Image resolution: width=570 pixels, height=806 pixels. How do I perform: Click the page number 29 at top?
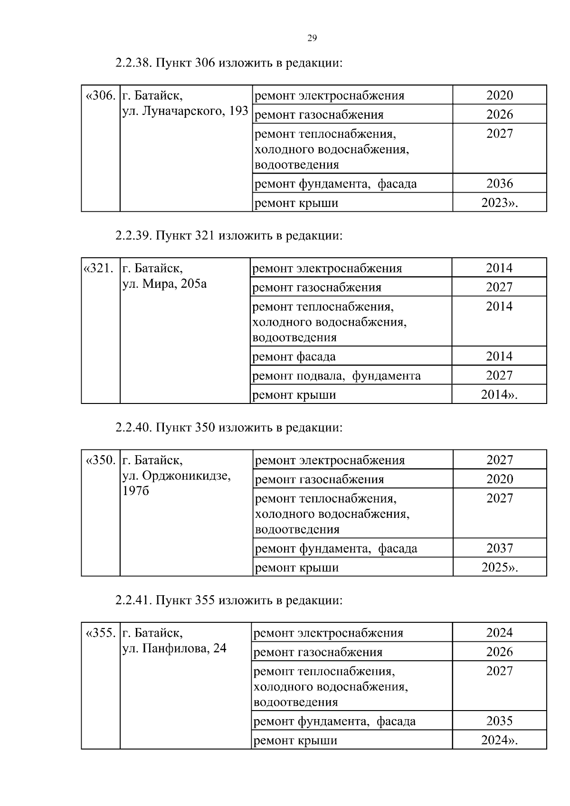click(x=312, y=38)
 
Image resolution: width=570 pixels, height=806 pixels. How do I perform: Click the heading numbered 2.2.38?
click(x=228, y=63)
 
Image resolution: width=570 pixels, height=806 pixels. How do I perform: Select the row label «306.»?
click(x=100, y=96)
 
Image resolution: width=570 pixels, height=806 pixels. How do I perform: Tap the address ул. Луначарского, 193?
click(x=185, y=111)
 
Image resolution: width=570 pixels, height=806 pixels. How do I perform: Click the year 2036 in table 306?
click(x=499, y=184)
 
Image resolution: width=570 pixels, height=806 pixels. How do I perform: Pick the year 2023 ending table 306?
click(x=499, y=203)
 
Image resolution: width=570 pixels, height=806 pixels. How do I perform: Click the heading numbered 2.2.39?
click(x=228, y=236)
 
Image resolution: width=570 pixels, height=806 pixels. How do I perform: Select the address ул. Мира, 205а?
click(x=164, y=284)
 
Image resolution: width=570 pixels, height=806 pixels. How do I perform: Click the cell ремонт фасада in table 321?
click(x=294, y=356)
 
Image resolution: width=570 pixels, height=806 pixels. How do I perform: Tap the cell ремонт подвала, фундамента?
click(x=336, y=376)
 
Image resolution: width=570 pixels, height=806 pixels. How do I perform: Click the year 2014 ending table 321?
click(x=499, y=395)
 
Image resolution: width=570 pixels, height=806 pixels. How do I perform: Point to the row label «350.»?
click(x=100, y=460)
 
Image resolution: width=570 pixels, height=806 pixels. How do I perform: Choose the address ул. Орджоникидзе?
click(x=177, y=476)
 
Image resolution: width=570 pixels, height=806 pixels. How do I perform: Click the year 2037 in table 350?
click(x=500, y=548)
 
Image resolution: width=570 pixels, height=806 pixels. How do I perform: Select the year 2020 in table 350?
click(x=500, y=479)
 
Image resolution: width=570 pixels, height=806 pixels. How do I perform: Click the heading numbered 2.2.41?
click(x=228, y=600)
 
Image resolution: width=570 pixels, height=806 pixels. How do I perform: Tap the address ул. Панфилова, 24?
click(x=174, y=648)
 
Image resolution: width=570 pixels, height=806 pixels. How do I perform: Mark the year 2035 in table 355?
click(x=499, y=721)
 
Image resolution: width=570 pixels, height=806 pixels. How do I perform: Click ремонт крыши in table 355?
click(x=295, y=740)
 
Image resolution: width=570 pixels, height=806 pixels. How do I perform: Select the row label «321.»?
click(x=99, y=269)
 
